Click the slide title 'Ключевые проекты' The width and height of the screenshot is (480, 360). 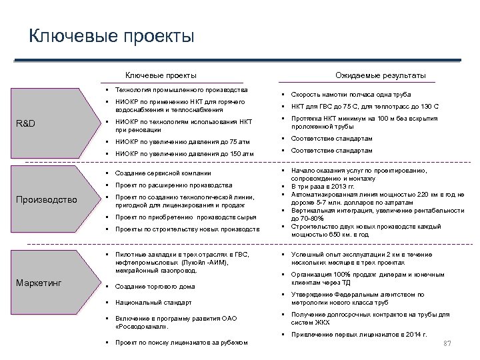111,35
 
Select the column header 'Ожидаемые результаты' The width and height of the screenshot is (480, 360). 381,75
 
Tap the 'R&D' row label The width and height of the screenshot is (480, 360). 26,123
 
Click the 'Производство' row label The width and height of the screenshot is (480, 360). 47,199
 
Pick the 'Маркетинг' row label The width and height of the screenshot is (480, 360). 39,283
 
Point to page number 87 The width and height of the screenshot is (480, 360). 447,344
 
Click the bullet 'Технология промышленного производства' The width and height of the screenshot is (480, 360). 181,89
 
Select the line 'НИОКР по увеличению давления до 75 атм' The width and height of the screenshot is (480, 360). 183,142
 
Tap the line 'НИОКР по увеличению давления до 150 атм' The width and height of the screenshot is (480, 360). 185,154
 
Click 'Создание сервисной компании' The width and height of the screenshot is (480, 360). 163,173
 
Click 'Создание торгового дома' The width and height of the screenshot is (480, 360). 155,287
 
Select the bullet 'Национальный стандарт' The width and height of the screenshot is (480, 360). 153,303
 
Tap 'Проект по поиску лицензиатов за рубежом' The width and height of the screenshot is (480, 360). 181,343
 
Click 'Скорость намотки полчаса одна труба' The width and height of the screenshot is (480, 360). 351,95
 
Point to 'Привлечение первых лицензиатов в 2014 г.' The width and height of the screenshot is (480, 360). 359,334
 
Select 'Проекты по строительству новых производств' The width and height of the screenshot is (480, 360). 187,229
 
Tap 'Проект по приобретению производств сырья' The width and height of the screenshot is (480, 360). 185,217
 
